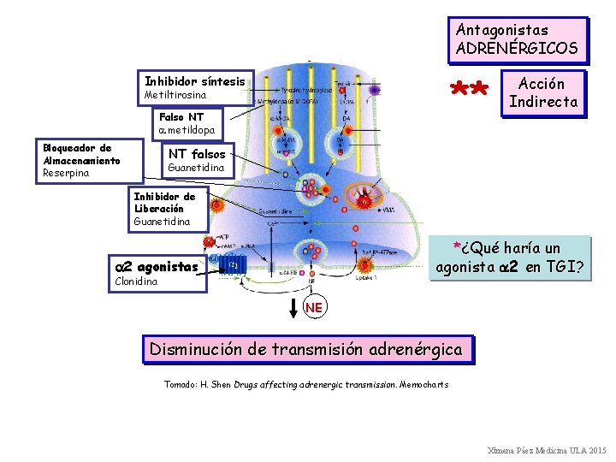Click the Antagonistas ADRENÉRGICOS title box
pos(519,39)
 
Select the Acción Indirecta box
pos(543,93)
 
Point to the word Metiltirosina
pos(176,95)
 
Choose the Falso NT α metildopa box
pos(187,124)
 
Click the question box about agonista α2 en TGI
pos(510,258)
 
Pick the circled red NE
pos(315,307)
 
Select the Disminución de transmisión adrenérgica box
pos(305,349)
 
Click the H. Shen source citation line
pos(305,384)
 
